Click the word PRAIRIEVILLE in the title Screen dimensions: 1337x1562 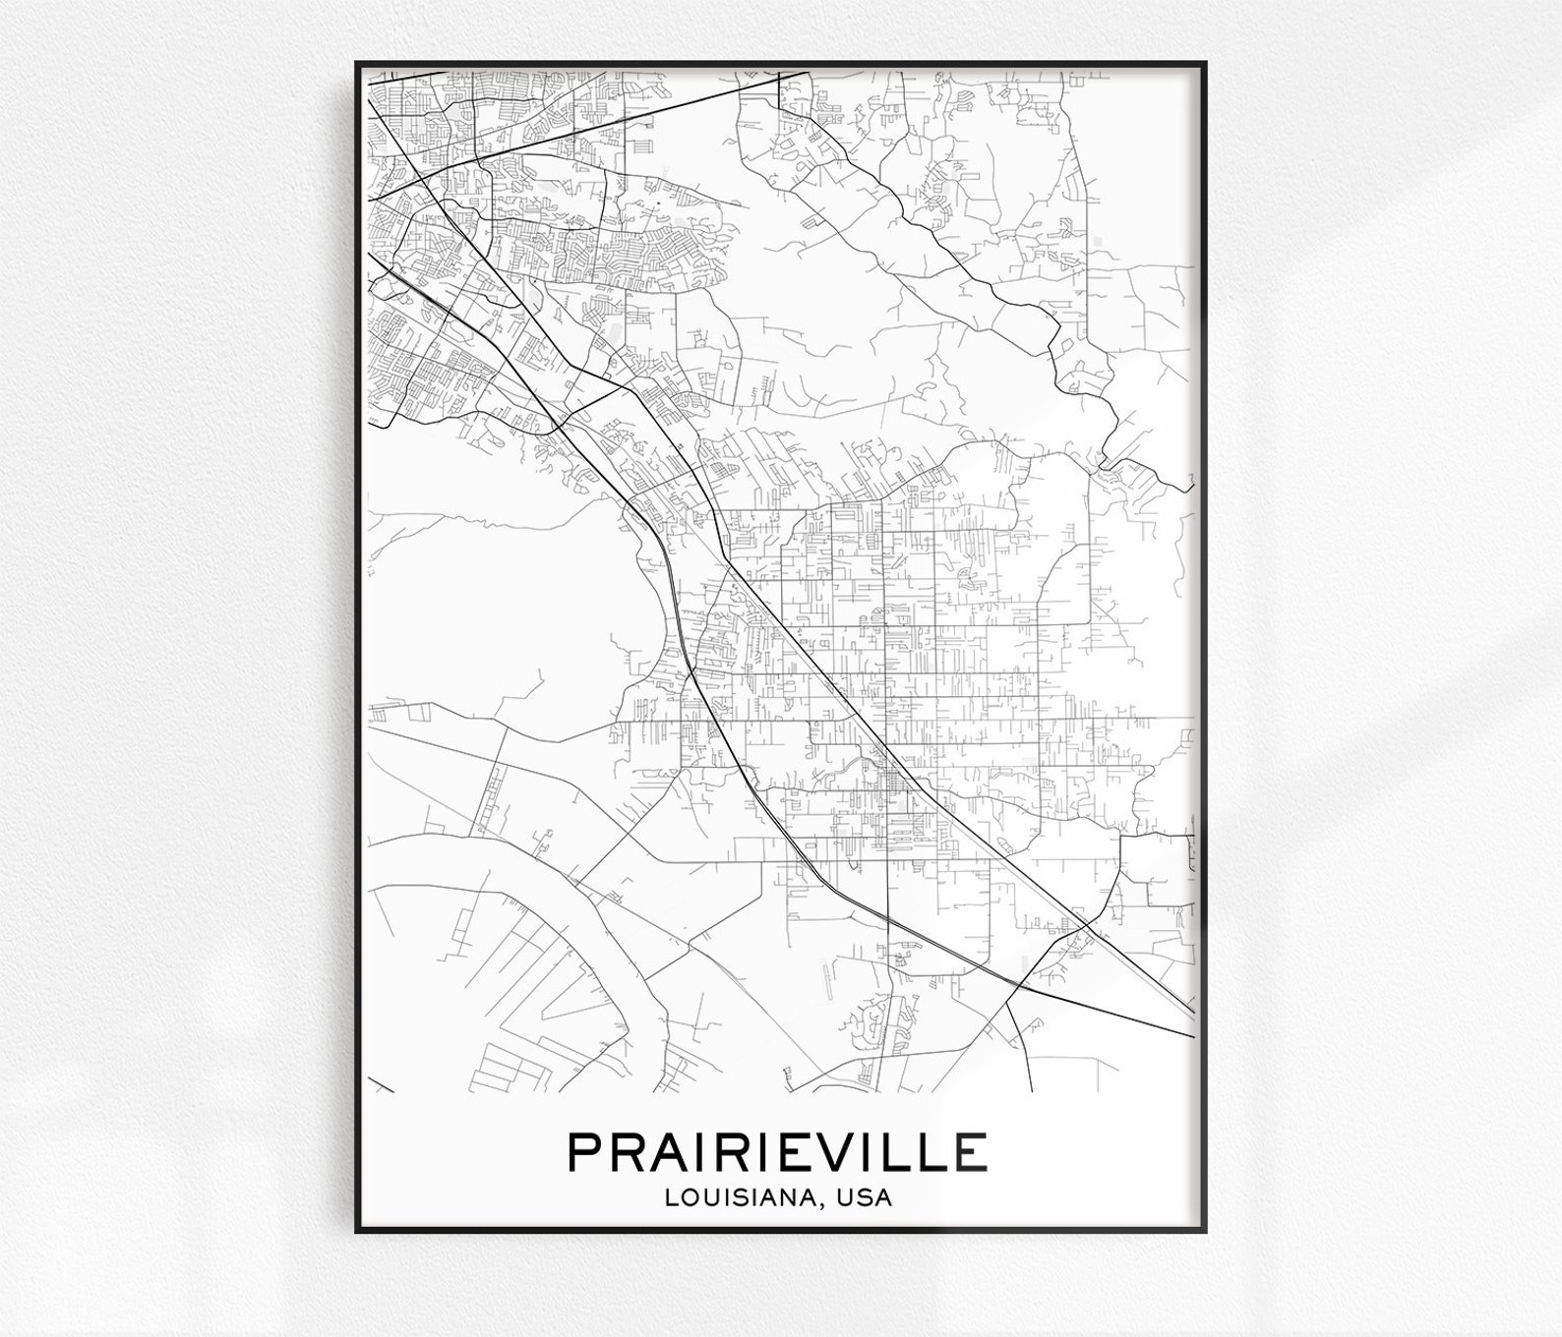coord(777,1152)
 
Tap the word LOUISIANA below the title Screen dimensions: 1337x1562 coord(746,1198)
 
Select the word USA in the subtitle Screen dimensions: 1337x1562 coord(867,1198)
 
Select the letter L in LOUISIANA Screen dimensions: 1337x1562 coord(672,1198)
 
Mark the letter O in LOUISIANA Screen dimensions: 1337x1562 coord(690,1198)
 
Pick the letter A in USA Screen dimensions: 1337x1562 coord(883,1198)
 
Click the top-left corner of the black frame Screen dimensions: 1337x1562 coord(357,63)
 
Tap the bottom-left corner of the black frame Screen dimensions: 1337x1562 coord(357,1231)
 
